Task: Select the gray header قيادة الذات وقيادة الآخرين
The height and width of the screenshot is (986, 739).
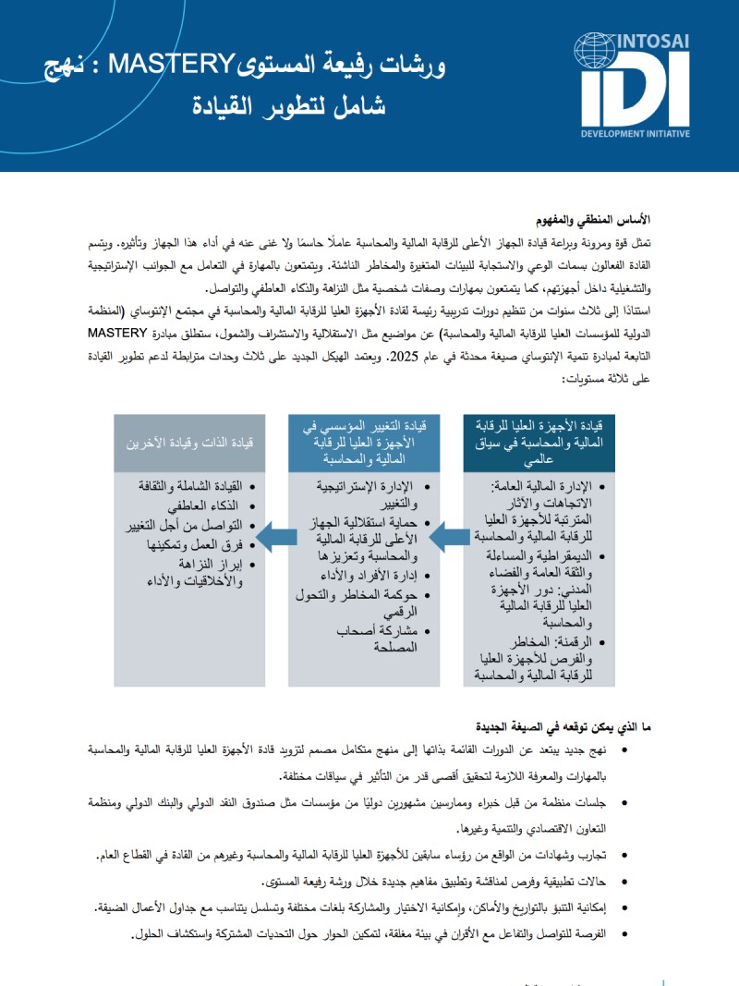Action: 193,442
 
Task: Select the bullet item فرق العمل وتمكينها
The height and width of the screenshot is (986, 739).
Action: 203,544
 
